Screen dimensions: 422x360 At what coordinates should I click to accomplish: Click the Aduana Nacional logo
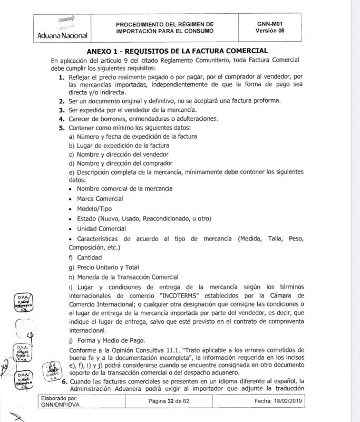coord(62,27)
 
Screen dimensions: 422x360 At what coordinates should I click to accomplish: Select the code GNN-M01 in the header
coord(271,23)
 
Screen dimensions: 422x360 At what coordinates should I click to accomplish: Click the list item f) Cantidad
coord(85,258)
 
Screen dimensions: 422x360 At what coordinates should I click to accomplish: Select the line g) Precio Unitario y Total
coord(104,267)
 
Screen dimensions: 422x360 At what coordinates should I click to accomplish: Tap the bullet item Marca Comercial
coord(100,199)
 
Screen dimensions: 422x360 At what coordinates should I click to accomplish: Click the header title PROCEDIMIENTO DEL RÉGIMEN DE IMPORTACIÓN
coord(165,27)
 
